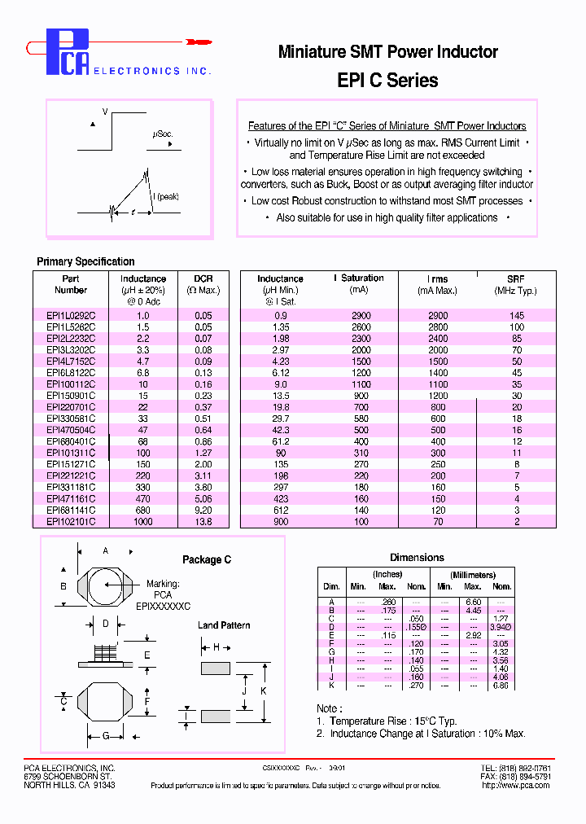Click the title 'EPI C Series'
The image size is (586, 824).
pos(387,81)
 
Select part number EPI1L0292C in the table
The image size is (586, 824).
pos(71,315)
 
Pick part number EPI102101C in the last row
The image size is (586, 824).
pos(71,521)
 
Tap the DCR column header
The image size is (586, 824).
pos(203,278)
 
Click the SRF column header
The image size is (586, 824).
pos(515,278)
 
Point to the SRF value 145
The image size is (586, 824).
pos(516,315)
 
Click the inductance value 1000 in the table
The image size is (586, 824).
pos(143,521)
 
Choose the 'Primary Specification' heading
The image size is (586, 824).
pos(85,261)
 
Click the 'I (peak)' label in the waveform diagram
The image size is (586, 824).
pos(165,196)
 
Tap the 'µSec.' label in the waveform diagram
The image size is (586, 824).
pos(162,134)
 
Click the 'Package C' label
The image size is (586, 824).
pos(206,559)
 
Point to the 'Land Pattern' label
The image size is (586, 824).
pos(224,625)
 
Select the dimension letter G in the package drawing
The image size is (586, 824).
pos(105,736)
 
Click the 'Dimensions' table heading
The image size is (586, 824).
pos(417,558)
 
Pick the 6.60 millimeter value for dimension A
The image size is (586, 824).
pos(474,602)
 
